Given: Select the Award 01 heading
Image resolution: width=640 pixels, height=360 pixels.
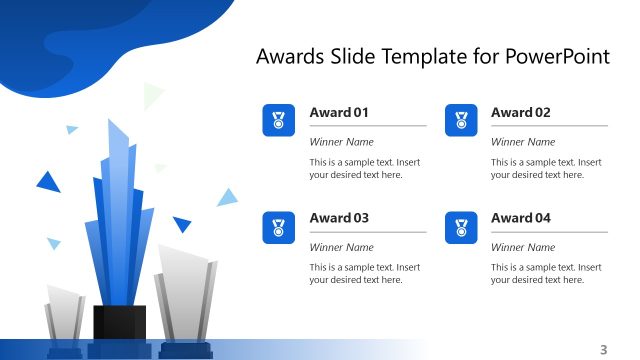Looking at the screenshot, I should pyautogui.click(x=339, y=113).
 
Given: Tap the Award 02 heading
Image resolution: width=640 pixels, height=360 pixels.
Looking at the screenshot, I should pyautogui.click(x=520, y=113).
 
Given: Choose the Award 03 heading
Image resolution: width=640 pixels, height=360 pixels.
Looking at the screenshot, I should pyautogui.click(x=339, y=218).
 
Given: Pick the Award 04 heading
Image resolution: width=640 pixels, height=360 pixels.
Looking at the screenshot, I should pyautogui.click(x=520, y=218).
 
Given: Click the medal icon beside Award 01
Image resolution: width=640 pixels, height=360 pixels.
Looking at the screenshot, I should pyautogui.click(x=278, y=120).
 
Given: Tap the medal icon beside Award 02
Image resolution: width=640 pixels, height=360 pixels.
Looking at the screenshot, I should pyautogui.click(x=460, y=120).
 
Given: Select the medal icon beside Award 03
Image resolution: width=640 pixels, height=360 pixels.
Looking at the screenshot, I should pyautogui.click(x=278, y=227).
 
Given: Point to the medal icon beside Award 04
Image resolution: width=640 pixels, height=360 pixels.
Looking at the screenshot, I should pyautogui.click(x=460, y=227).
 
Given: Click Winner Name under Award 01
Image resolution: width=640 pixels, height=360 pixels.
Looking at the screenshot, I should pyautogui.click(x=341, y=142).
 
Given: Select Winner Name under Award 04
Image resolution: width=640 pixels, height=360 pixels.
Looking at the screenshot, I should pyautogui.click(x=522, y=247).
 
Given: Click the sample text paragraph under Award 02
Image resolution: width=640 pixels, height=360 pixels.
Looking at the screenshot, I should pyautogui.click(x=546, y=168).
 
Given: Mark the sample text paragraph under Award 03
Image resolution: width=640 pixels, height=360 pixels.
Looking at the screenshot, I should pyautogui.click(x=364, y=273).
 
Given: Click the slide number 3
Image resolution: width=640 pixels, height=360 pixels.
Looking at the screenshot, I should pyautogui.click(x=603, y=349).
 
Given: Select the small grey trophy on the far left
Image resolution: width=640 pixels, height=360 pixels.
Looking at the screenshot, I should pyautogui.click(x=65, y=316).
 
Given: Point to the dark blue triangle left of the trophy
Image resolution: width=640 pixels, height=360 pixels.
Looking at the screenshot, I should pyautogui.click(x=47, y=182).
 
